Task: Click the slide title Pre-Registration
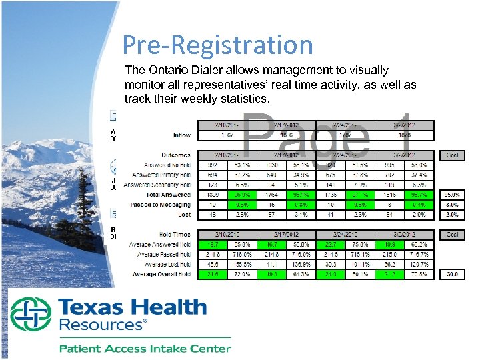(x=217, y=45)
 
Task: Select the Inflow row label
(x=181, y=135)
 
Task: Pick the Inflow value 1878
(x=404, y=135)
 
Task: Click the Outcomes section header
(x=175, y=155)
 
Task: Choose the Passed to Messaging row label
(x=159, y=205)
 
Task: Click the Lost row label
(x=184, y=215)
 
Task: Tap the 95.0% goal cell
(x=452, y=195)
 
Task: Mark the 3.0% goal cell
(x=452, y=205)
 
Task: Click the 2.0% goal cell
(x=452, y=215)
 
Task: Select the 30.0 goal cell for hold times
(x=452, y=274)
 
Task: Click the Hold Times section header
(x=175, y=235)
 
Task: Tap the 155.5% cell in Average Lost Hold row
(x=241, y=264)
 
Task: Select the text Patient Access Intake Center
(x=145, y=347)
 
